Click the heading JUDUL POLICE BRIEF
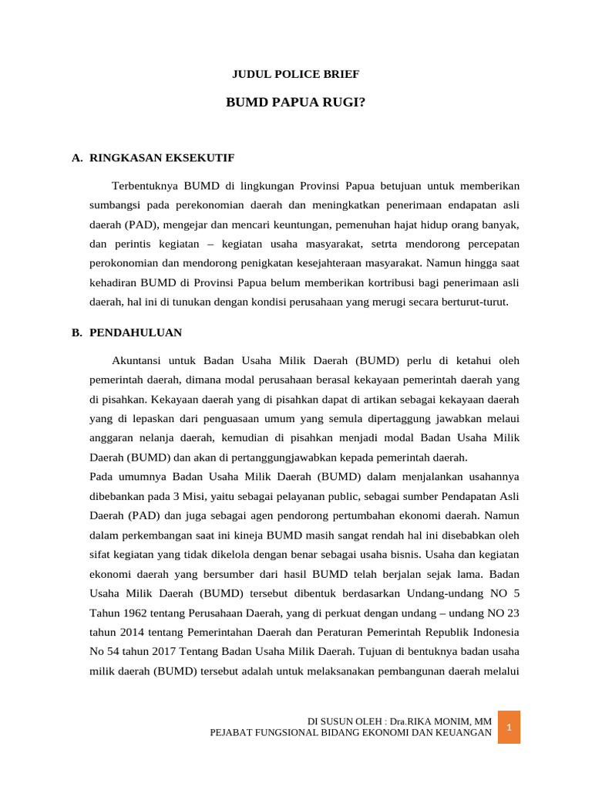tap(296, 74)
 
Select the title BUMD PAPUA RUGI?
tap(295, 101)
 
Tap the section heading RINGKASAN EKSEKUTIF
tap(162, 157)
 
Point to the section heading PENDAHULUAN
tap(136, 333)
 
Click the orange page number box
tap(509, 727)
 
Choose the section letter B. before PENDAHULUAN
tap(76, 333)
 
